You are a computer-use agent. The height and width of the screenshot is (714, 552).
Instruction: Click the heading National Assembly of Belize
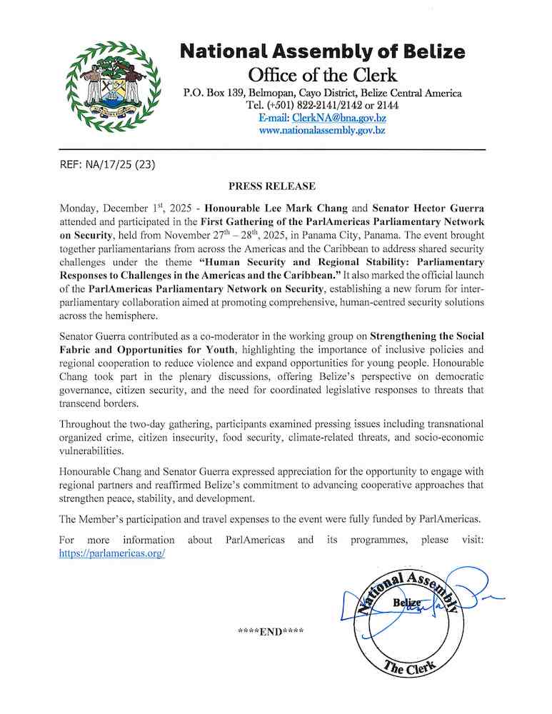[322, 51]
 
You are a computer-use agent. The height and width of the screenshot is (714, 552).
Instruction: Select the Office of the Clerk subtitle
[322, 74]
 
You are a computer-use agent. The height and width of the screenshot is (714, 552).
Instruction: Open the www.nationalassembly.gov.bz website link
[322, 131]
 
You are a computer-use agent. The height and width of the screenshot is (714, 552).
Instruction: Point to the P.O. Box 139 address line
[322, 94]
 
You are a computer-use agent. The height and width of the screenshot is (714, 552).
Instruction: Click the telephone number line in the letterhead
[322, 106]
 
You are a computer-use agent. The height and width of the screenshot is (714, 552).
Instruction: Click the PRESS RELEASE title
[271, 186]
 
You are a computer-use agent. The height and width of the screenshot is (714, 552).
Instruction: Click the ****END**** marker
[271, 632]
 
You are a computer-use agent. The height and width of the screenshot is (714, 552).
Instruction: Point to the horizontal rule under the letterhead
[271, 150]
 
